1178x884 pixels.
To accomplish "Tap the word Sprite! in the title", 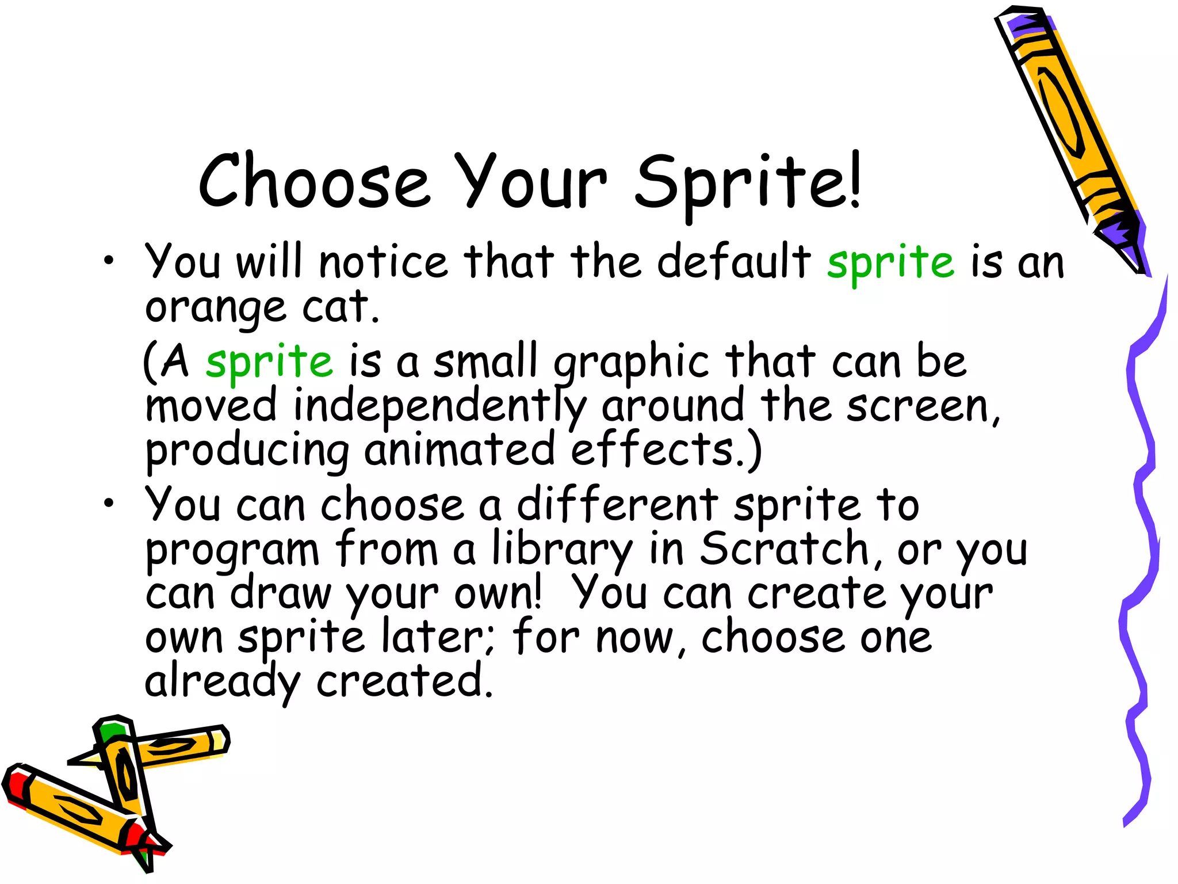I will (748, 183).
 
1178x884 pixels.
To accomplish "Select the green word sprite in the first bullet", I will (891, 262).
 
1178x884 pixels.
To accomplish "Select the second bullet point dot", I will (109, 504).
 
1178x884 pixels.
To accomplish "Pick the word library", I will (562, 550).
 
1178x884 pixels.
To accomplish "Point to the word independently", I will (440, 406).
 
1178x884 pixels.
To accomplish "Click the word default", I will (734, 262).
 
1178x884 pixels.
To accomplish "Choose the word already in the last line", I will (222, 682).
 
